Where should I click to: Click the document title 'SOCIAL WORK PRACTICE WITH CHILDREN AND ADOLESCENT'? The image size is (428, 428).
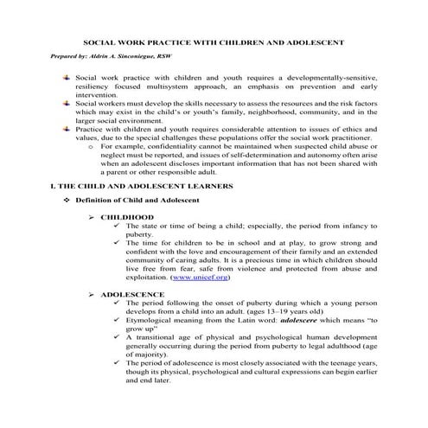(x=214, y=42)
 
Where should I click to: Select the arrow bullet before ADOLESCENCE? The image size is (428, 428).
(x=92, y=294)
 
